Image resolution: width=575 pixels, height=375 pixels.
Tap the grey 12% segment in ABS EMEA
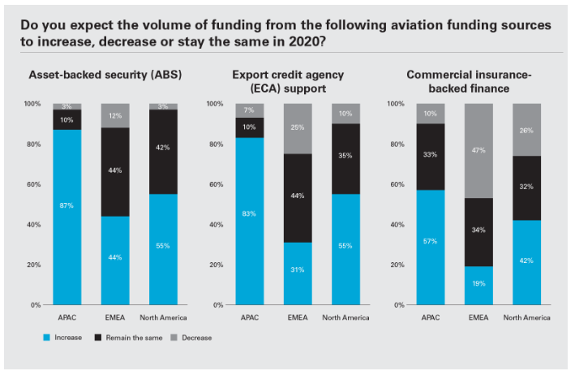[x=115, y=115]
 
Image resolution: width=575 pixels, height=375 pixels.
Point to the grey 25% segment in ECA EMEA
[x=296, y=128]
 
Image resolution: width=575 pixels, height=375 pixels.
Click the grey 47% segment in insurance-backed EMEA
[x=479, y=151]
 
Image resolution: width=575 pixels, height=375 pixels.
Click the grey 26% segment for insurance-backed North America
[x=527, y=130]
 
